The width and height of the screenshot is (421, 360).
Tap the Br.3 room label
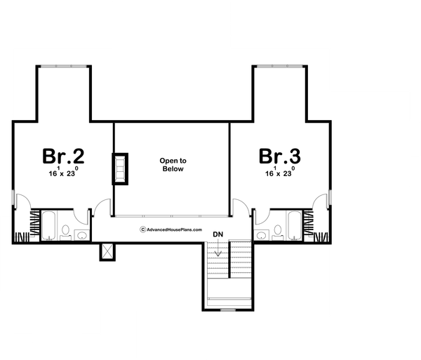tap(279, 156)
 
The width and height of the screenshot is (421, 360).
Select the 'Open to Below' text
tap(172, 165)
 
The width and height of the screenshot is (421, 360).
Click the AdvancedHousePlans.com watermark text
tap(172, 229)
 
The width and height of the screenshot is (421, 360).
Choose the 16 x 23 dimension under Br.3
tap(279, 173)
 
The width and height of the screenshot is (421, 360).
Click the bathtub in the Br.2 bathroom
tap(48, 225)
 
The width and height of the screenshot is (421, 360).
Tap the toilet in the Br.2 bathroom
tap(65, 230)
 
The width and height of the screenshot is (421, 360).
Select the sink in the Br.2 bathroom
tap(81, 234)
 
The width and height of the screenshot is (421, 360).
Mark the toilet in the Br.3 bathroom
tap(277, 230)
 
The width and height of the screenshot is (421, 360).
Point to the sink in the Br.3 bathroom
tap(261, 234)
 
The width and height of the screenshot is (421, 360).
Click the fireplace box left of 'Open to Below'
tap(121, 168)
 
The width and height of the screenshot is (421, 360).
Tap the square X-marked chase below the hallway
tap(107, 251)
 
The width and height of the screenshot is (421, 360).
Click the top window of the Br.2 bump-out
tap(64, 66)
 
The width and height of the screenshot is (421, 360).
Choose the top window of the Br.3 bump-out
tap(279, 66)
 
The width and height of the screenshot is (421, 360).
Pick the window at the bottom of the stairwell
tap(228, 309)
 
